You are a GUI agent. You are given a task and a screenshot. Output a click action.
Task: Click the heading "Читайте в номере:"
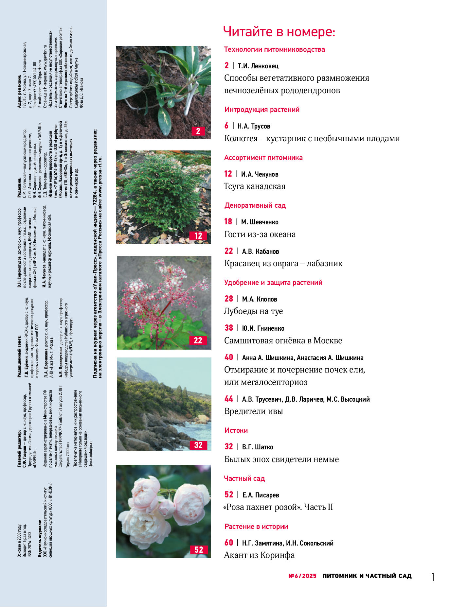[x=279, y=32]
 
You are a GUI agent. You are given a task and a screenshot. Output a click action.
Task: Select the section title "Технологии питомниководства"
[x=274, y=50]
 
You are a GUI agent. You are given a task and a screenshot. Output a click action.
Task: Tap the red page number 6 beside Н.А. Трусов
[x=226, y=126]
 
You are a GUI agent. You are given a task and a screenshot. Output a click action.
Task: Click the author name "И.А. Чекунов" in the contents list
[x=260, y=174]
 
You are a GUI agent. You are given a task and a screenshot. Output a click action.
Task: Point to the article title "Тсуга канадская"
[x=255, y=186]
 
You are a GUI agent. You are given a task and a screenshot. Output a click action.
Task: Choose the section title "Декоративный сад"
[x=255, y=205]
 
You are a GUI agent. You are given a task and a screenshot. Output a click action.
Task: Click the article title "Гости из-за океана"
[x=260, y=234]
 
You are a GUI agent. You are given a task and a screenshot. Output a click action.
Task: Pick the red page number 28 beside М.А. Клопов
[x=228, y=299]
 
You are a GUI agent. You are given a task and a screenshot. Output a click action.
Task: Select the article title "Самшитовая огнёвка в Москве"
[x=283, y=341]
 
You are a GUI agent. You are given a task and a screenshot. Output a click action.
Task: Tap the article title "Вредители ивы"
[x=253, y=411]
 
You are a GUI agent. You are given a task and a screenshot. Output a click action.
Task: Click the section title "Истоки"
[x=236, y=430]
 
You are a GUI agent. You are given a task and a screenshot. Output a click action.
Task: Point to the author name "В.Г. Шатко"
[x=257, y=447]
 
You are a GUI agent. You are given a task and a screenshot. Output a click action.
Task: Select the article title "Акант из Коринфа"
[x=259, y=555]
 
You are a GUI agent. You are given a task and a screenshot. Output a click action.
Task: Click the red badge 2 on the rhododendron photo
[x=198, y=131]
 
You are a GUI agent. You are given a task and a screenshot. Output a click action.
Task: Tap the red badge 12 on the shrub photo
[x=198, y=236]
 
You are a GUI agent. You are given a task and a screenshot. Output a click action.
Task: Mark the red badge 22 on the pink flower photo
[x=198, y=340]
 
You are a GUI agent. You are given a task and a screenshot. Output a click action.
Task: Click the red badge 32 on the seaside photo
[x=198, y=445]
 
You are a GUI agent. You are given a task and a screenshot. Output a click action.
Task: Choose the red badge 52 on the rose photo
[x=199, y=550]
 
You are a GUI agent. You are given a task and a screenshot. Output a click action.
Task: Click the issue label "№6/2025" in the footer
[x=302, y=576]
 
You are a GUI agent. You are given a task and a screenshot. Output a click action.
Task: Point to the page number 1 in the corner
[x=433, y=577]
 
